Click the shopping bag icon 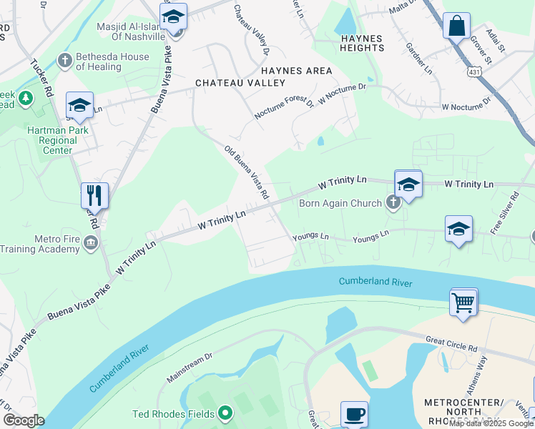pos(456,26)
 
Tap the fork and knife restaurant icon pos(94,194)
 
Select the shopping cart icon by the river pos(463,302)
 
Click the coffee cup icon pos(354,414)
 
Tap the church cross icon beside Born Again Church pos(393,203)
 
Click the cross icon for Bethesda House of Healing pos(65,61)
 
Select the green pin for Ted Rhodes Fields pos(225,413)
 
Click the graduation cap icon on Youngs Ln pos(458,229)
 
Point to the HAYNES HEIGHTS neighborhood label pos(353,43)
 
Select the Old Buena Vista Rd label pos(246,172)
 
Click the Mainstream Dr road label pos(190,366)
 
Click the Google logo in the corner pos(23,420)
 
